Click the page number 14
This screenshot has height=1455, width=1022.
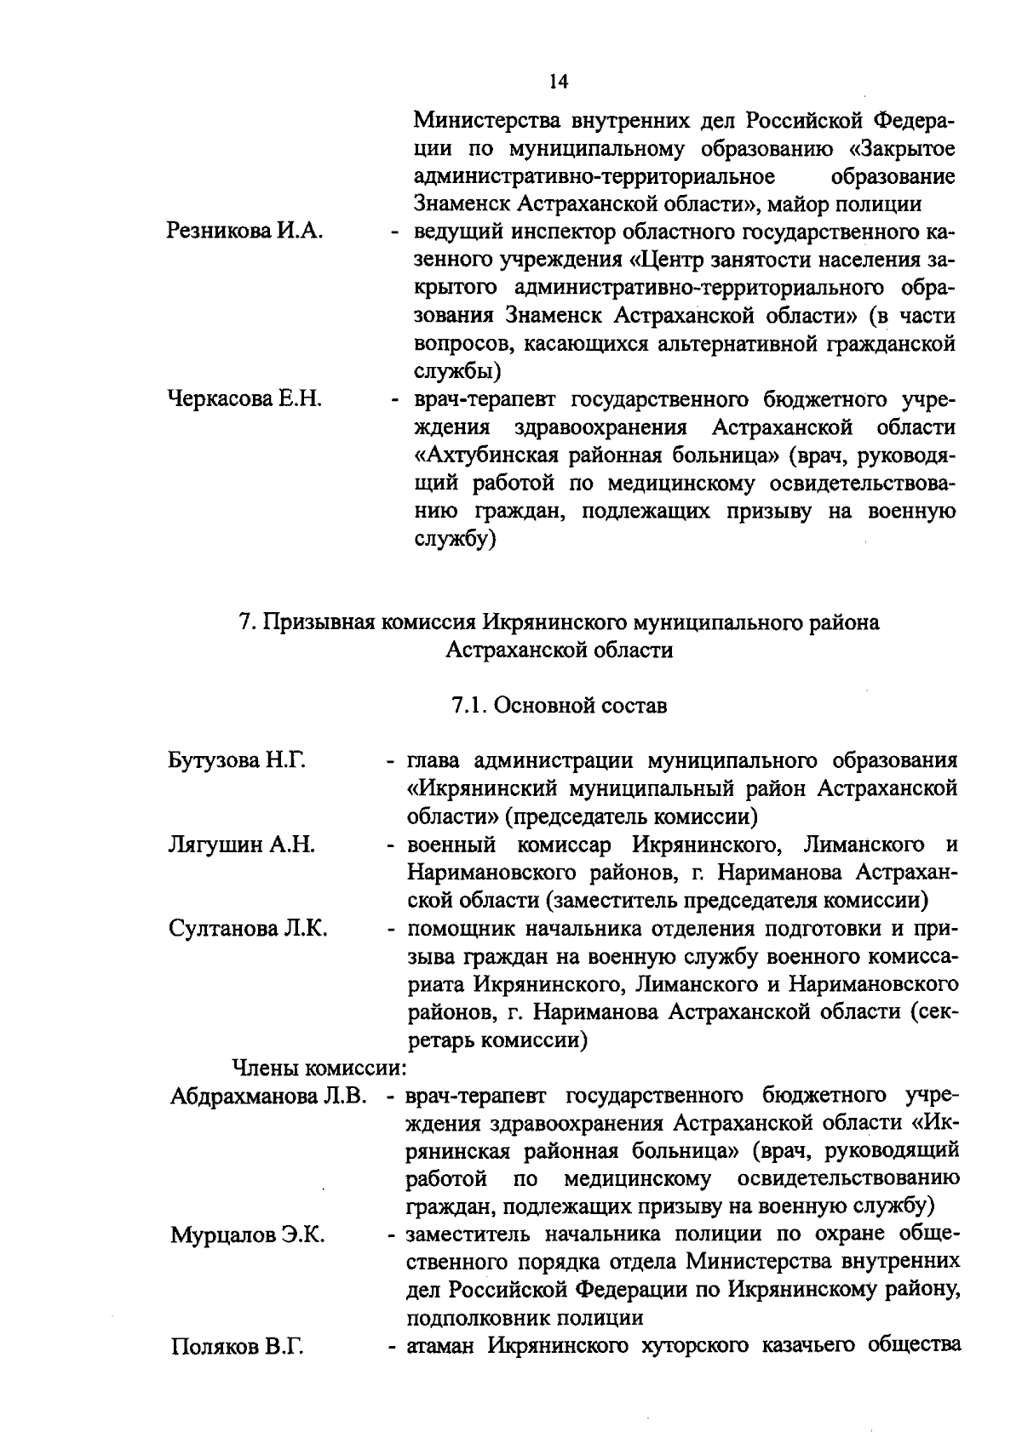point(558,81)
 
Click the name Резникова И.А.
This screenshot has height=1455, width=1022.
point(244,232)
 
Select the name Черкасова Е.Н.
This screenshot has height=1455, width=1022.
point(244,399)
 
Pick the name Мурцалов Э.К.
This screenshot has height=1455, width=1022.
point(248,1235)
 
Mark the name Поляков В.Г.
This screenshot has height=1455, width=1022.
point(238,1347)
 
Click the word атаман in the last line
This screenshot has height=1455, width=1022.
point(441,1346)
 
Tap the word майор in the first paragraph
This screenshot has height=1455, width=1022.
point(796,204)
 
